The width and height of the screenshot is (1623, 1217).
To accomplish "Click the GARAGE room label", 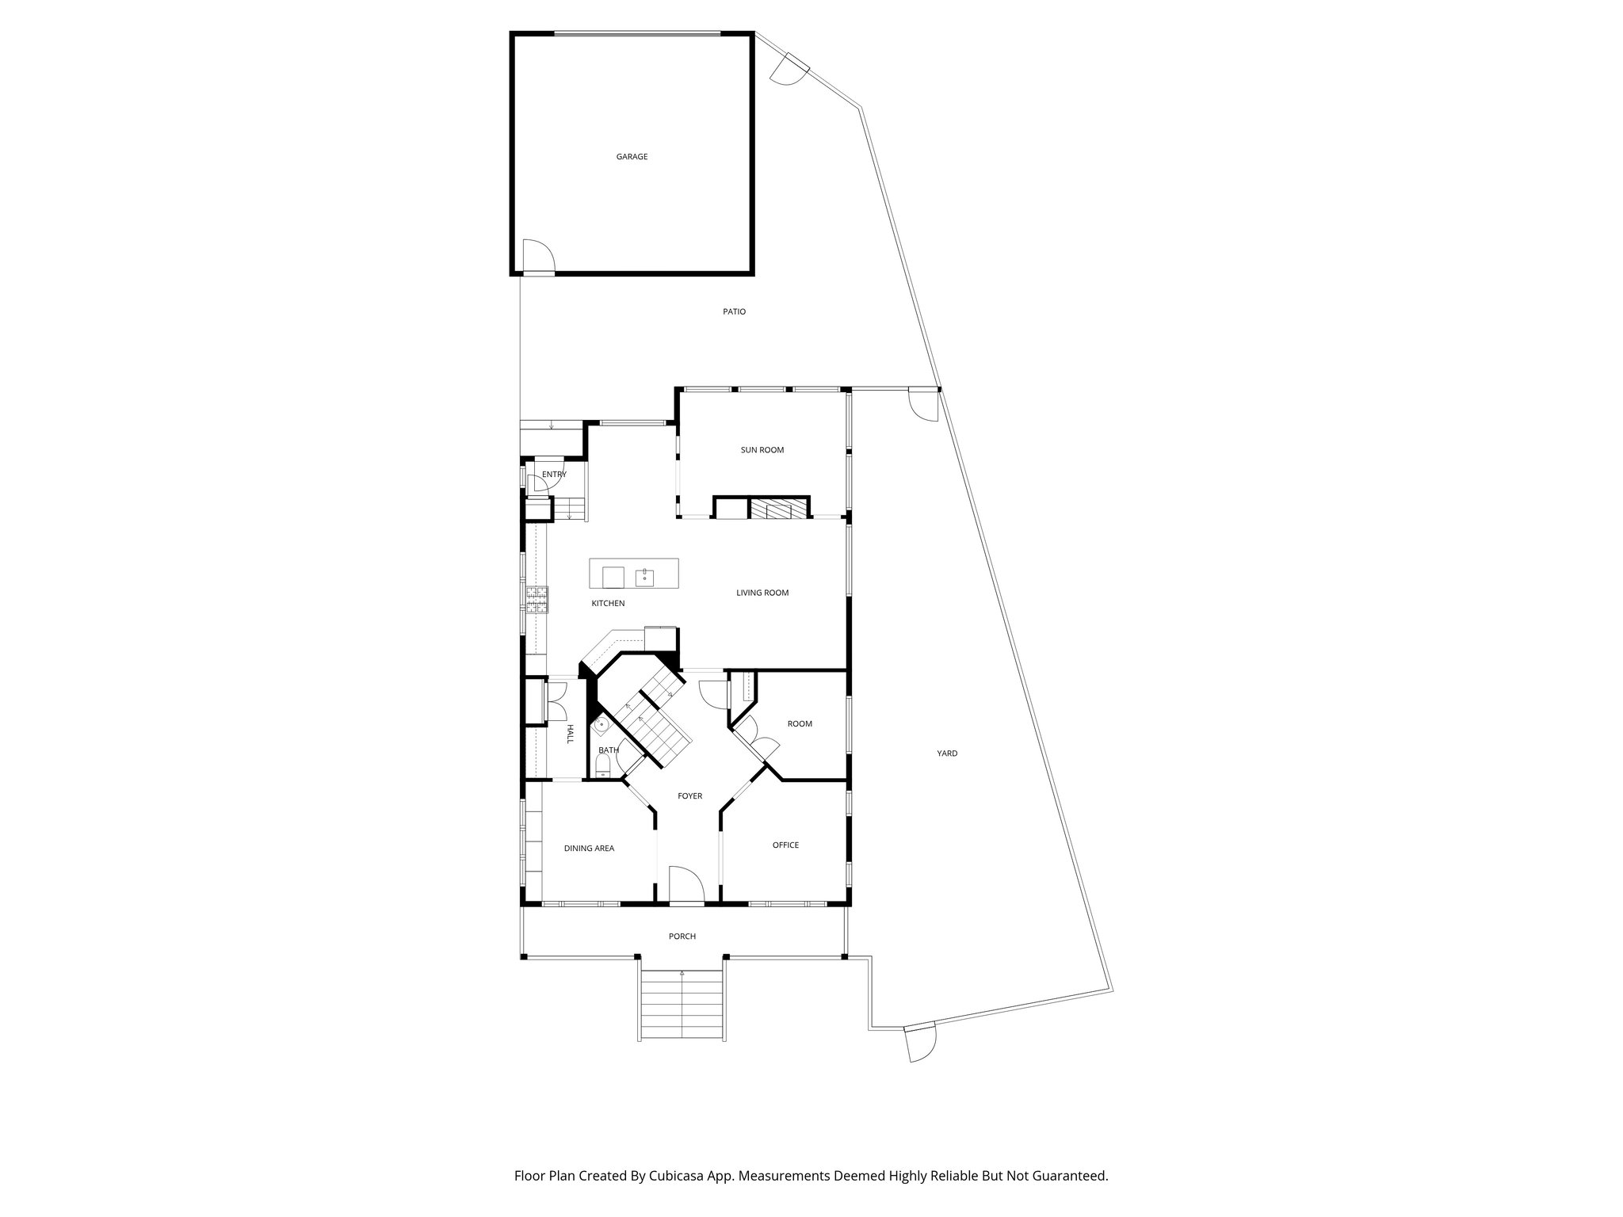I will pos(632,157).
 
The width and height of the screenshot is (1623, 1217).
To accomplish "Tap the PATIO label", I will pos(734,312).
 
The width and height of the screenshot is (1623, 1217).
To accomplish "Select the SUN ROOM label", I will pos(762,450).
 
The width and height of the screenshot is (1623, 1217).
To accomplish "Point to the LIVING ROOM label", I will pos(762,593).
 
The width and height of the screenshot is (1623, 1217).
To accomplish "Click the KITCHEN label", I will pos(608,604).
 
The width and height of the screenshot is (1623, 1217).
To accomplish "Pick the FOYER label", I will pos(689,796).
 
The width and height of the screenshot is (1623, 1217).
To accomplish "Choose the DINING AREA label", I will pos(589,849).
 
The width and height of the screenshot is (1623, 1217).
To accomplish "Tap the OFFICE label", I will pos(785,845).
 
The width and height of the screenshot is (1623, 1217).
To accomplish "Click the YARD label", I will pos(947,753).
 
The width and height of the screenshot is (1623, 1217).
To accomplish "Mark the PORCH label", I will pos(682,937).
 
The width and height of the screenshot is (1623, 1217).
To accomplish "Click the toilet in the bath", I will pos(603,765).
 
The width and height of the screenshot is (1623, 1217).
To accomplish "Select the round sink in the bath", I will pos(601,724).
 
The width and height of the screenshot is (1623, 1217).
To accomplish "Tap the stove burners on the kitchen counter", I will pos(537,600).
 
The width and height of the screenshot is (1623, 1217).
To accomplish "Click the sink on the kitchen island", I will pos(644,576).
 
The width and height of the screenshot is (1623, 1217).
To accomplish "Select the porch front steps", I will pos(682,1006).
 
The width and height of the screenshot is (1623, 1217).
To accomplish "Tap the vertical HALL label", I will pos(570,734).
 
